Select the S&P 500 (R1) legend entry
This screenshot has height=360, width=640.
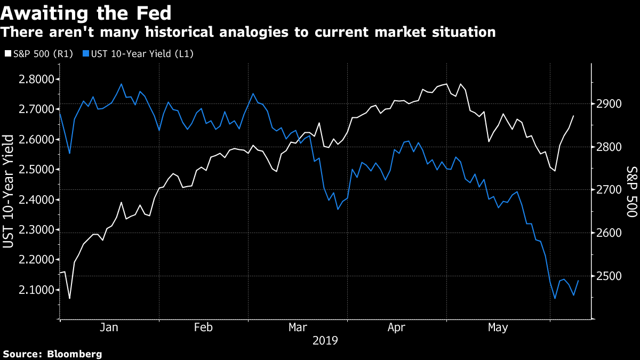39,53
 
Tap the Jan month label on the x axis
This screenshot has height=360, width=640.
109,327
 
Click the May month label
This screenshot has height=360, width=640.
498,327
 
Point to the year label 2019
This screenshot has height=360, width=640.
325,340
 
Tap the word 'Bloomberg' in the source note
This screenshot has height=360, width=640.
75,354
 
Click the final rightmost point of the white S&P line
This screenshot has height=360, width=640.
573,116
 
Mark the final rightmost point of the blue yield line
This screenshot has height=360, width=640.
578,281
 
